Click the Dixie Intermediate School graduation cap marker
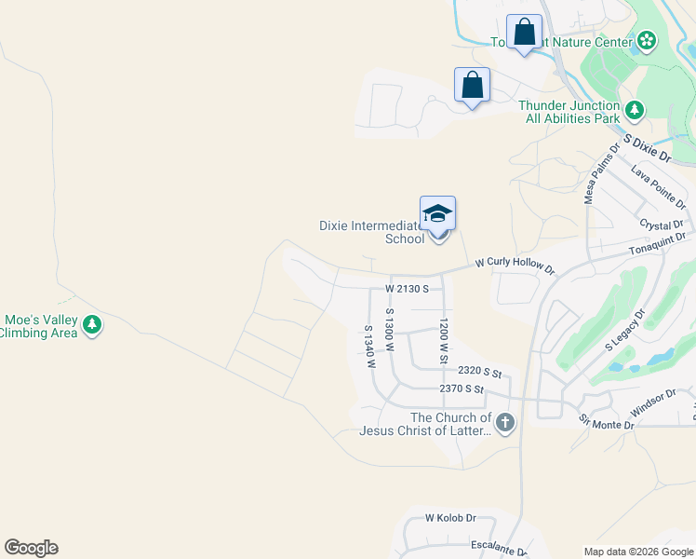(437, 215)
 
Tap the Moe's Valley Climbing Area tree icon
(91, 325)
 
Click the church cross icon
(505, 424)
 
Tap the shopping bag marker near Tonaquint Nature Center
(524, 33)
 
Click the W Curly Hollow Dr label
(515, 266)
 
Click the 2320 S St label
(479, 372)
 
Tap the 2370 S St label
(462, 389)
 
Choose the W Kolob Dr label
(450, 517)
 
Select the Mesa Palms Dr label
(601, 173)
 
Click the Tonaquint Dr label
(662, 240)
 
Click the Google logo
(31, 548)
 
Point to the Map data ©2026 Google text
(638, 552)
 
